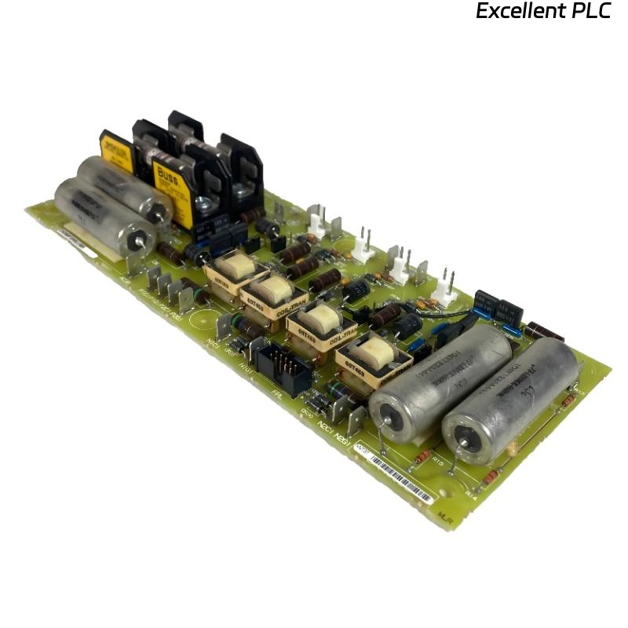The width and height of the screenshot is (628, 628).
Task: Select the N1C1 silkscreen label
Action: coord(211,342)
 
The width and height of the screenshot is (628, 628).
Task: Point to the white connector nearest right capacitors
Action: coord(445,290)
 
